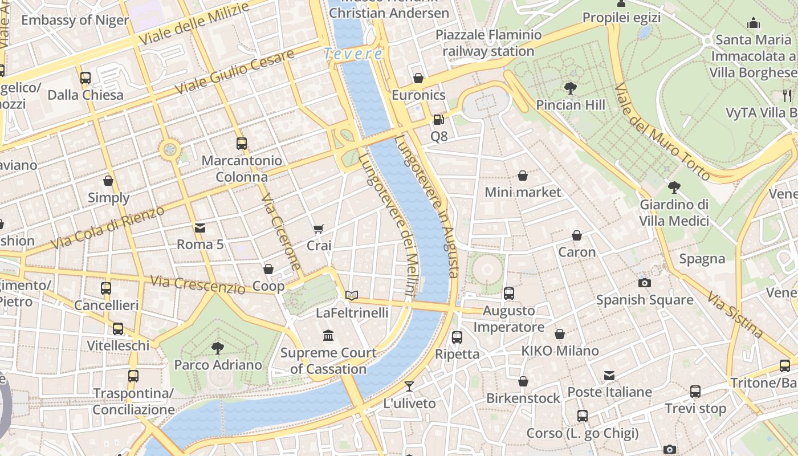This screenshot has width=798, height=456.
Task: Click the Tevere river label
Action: point(353,54)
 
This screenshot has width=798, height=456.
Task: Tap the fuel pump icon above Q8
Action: point(438,120)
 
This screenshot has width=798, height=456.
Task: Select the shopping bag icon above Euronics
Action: point(418,78)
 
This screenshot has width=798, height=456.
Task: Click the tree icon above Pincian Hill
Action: point(570,88)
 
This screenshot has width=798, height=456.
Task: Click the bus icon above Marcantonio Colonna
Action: point(242,144)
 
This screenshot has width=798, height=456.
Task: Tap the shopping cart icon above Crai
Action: point(319,229)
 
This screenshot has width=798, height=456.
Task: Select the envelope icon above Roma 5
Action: point(200,228)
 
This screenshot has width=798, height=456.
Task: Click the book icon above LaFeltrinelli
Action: point(352,295)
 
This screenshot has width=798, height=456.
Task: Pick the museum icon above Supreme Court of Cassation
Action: point(328,335)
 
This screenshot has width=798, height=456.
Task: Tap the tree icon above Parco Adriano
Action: point(217,348)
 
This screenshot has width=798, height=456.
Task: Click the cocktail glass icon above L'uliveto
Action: point(409,386)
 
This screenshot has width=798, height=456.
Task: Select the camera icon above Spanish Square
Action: point(645,283)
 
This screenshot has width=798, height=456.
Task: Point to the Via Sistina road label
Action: point(735,314)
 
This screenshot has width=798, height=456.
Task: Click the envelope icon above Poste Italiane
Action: point(609,375)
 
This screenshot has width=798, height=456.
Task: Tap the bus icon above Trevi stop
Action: point(695,392)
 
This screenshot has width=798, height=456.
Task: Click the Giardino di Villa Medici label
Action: point(674,213)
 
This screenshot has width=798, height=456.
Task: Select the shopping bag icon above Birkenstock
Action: point(523,381)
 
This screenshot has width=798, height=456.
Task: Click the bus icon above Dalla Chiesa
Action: point(85,78)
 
